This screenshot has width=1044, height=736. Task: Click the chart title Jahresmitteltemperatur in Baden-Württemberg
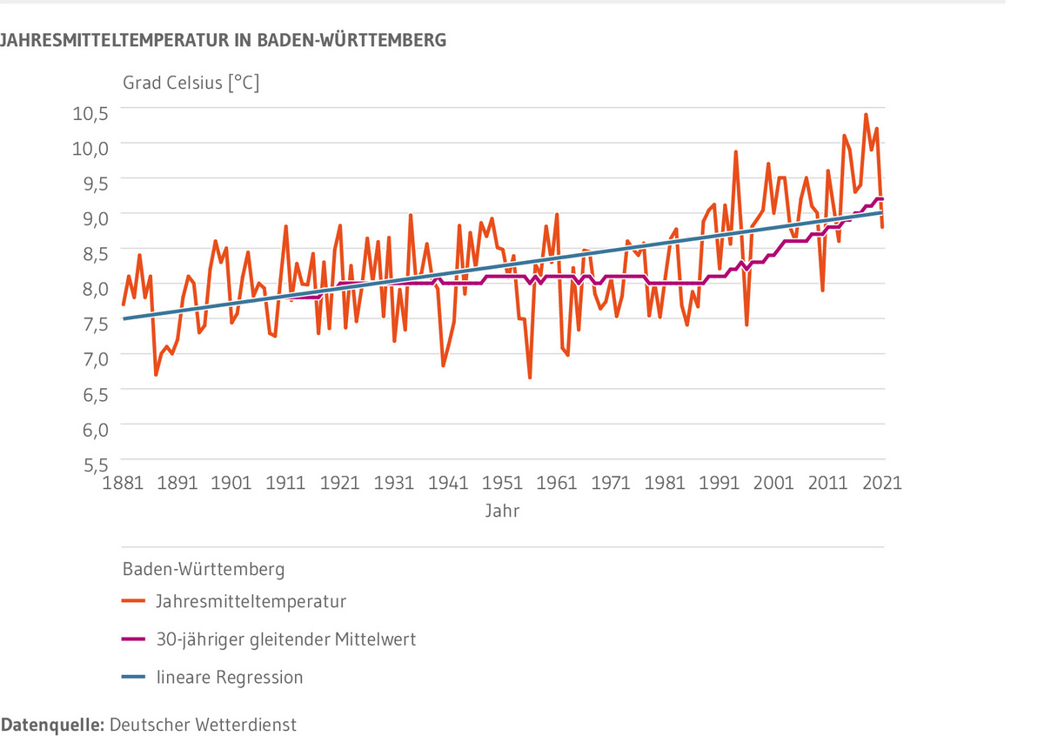(x=224, y=40)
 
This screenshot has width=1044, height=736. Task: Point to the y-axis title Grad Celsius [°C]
(x=191, y=84)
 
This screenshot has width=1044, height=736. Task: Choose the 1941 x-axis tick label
(x=449, y=483)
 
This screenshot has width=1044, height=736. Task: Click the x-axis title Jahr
(x=503, y=512)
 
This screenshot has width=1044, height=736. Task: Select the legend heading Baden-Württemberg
(x=204, y=571)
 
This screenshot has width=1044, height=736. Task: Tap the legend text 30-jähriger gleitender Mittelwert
(x=285, y=639)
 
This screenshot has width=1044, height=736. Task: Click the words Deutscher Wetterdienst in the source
(x=204, y=725)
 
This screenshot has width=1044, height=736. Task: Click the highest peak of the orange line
(x=866, y=114)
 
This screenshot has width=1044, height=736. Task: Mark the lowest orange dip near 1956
(x=530, y=378)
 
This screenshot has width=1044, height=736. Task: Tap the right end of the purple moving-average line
(x=882, y=199)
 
